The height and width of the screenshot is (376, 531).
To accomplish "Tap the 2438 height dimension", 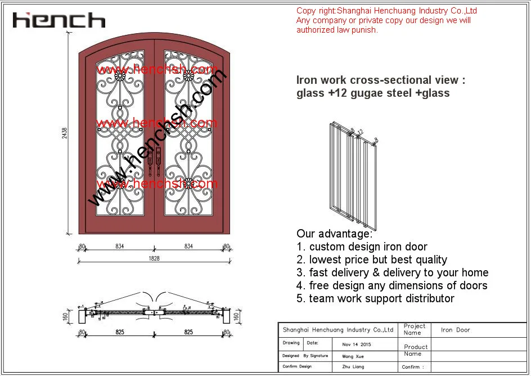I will coord(65,133).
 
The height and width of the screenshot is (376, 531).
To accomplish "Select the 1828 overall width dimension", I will coord(154,258).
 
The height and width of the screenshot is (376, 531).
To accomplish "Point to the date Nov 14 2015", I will coord(357,344).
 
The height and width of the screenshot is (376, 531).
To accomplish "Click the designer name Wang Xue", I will coord(352,356).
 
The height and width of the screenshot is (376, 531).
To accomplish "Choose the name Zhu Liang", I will coord(353,367).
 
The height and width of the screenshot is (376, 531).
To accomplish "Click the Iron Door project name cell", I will coord(455,330).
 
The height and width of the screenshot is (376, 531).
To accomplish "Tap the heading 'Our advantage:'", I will coord(334,234).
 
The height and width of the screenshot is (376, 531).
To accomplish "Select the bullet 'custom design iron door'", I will coord(368,247).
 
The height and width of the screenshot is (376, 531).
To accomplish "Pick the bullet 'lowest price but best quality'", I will coord(378,259).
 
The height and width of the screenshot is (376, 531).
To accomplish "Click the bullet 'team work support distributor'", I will coord(381,298).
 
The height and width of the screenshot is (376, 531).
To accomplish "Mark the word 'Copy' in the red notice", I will coord(306,11).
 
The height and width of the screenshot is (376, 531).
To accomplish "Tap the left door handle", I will coord(151,162).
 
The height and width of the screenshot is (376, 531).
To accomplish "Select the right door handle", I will coord(159,162).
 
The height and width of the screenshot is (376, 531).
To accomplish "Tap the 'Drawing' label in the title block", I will coord(291,343).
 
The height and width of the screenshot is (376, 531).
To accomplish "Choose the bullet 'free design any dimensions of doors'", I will coord(398,285).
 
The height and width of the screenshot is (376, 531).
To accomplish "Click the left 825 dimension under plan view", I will coord(120,333).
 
